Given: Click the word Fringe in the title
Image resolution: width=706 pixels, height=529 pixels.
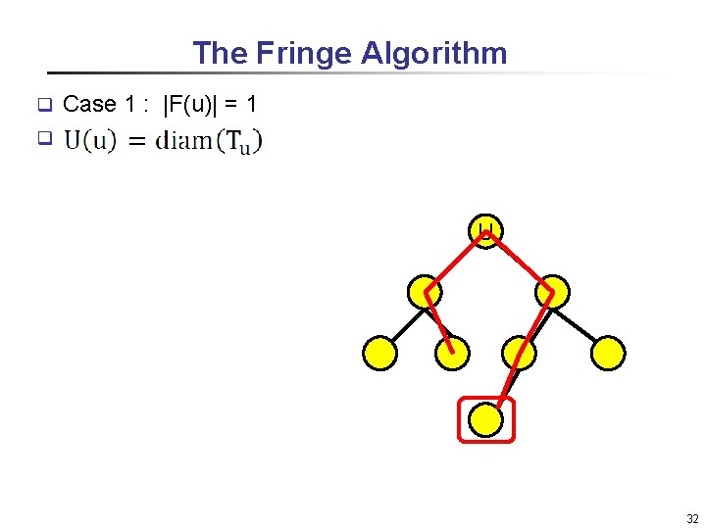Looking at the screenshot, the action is click(x=304, y=53).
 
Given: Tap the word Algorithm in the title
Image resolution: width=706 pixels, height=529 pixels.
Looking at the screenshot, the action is click(x=433, y=53).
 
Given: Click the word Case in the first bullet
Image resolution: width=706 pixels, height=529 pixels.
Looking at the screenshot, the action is click(x=89, y=104).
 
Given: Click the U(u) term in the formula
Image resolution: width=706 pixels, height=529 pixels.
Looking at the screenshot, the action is click(x=90, y=140).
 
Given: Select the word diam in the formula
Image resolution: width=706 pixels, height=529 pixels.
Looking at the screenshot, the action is click(x=184, y=140).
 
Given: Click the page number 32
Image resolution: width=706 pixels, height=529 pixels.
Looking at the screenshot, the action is click(x=692, y=518).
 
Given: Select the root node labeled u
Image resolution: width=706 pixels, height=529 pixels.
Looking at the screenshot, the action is click(x=487, y=230).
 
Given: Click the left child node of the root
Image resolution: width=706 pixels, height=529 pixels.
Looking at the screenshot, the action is click(x=425, y=291).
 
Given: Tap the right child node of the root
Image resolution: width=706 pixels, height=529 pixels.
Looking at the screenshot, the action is click(x=551, y=291).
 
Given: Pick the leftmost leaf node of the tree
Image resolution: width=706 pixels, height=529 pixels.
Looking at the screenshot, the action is click(x=379, y=353).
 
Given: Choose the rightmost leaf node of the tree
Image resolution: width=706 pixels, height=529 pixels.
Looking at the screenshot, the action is click(x=608, y=353).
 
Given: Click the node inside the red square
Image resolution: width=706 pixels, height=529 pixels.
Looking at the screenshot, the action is click(x=486, y=420).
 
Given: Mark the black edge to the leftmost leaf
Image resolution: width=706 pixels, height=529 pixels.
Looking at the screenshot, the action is click(x=402, y=323).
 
